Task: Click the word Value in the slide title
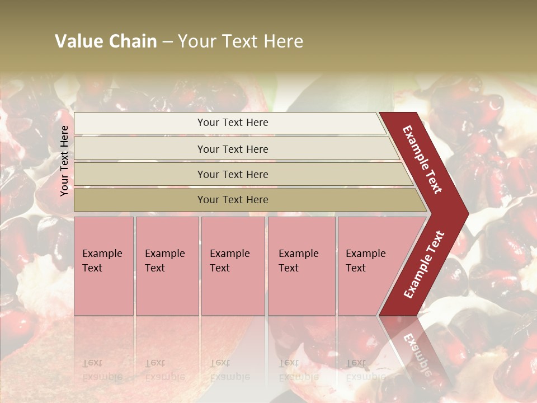pos(78,41)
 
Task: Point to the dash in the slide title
pos(167,42)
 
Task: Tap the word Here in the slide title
pos(283,41)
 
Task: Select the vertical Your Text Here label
pos(64,161)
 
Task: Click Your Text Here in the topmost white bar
pos(233,123)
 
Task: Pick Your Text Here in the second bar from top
pos(233,149)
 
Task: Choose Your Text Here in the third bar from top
pos(233,174)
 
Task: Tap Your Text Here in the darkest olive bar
pos(233,200)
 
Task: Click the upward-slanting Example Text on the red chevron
pos(424,264)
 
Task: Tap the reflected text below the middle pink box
pos(229,370)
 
